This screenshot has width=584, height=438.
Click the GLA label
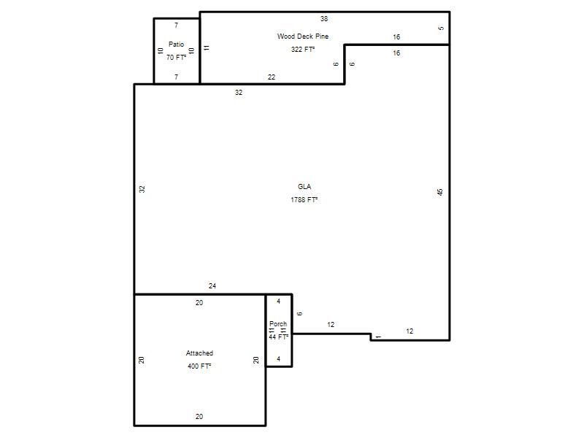coord(304,187)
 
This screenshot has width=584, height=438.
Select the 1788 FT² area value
coord(304,199)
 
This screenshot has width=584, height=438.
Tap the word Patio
coord(176,45)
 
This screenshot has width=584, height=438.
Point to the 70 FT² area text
coord(176,58)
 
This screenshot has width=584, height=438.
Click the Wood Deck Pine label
coord(303,36)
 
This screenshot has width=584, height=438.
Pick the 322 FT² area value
coord(303,49)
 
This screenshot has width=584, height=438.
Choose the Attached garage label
coord(199,353)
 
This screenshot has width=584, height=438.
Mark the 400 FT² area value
coord(199,366)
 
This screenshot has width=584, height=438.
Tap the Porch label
coord(278,323)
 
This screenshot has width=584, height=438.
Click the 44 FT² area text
coord(279,337)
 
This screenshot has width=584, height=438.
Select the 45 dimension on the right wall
coord(440,192)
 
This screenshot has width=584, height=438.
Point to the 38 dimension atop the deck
coord(324,19)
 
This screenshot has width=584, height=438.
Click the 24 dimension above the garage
coord(212,285)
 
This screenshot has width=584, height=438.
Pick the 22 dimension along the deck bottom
coord(272,77)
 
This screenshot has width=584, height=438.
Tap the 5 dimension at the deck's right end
coord(441,28)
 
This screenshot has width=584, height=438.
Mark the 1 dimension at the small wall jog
coord(378,337)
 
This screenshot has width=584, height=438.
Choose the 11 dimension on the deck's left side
coord(207,47)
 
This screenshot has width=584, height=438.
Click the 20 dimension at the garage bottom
coord(199,416)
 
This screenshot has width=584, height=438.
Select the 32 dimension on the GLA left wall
coord(142,189)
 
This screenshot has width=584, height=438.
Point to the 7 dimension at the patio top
coord(176,26)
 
